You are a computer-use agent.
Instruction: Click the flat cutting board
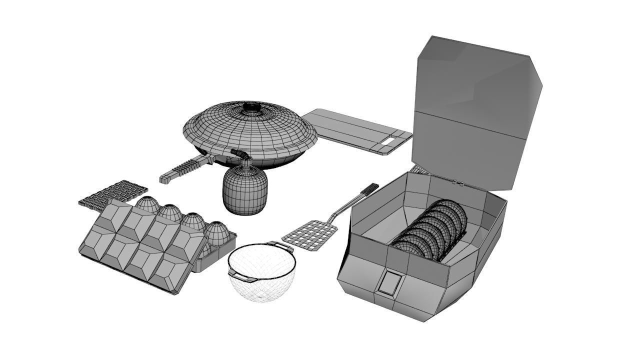click(x=350, y=128)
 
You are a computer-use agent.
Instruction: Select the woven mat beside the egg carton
click(x=113, y=194)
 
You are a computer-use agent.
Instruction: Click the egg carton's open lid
click(x=135, y=245)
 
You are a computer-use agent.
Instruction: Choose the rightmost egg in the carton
click(x=217, y=232)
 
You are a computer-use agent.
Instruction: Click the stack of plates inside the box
click(x=432, y=230)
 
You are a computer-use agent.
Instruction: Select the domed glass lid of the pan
click(x=250, y=130)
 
